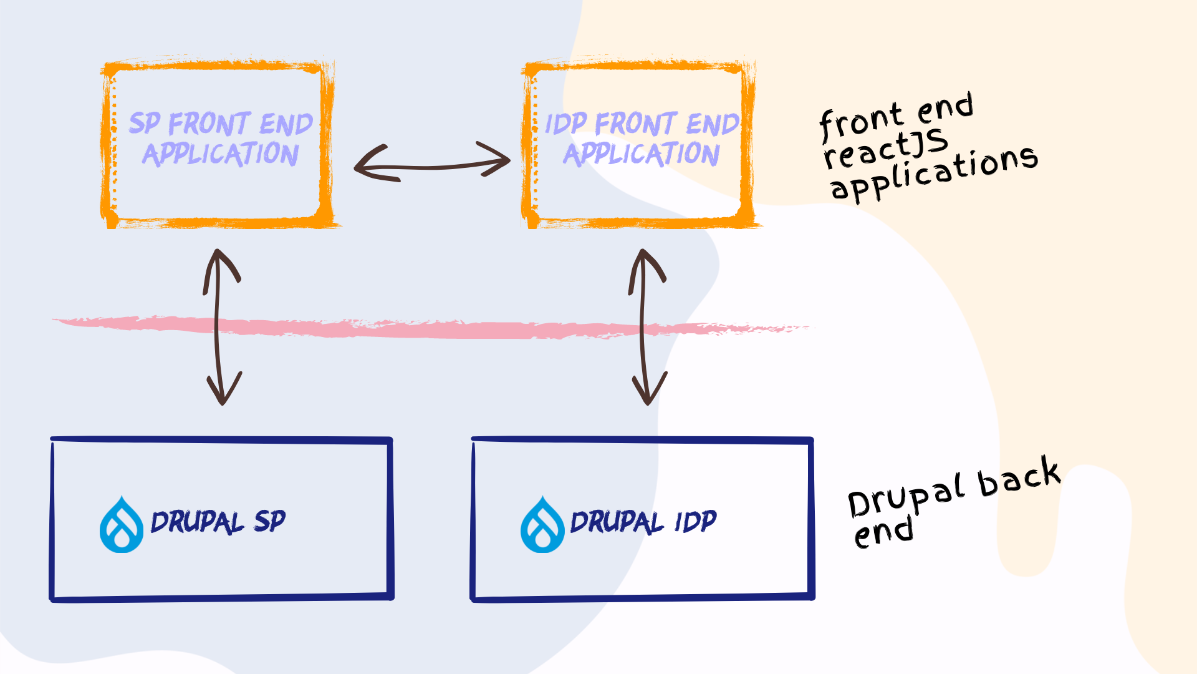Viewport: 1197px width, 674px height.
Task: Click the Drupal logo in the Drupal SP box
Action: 122,525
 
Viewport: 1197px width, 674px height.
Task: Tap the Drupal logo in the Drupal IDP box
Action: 542,525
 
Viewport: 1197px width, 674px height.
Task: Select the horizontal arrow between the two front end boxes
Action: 432,166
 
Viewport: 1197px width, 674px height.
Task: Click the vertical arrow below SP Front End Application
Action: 218,328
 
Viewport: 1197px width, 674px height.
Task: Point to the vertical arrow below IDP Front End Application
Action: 643,328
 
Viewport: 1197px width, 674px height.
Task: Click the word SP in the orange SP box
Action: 145,124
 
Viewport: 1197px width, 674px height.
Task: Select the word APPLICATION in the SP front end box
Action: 221,154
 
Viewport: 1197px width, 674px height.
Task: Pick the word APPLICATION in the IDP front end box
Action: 642,154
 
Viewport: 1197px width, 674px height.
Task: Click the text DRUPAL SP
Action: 218,522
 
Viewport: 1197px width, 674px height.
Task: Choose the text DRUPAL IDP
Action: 643,522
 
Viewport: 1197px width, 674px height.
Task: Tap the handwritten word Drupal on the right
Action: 907,496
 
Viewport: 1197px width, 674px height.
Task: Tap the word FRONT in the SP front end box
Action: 209,124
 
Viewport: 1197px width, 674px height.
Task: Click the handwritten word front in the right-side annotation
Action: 860,122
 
